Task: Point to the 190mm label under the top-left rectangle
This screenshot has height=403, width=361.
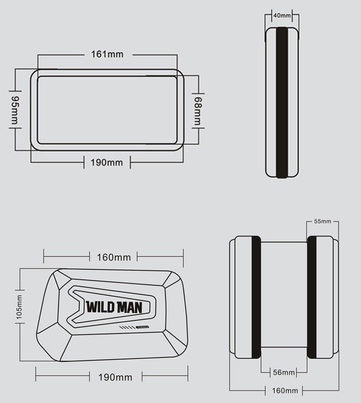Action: [x=107, y=162]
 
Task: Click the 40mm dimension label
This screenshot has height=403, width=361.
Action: [x=282, y=15]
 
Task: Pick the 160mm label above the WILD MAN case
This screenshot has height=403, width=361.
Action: [x=114, y=257]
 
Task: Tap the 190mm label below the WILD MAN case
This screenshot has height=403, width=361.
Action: [x=115, y=377]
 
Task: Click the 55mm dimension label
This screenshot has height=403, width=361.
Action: [x=322, y=221]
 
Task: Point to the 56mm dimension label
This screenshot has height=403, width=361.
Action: [x=284, y=373]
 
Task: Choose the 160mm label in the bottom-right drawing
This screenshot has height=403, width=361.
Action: [x=284, y=390]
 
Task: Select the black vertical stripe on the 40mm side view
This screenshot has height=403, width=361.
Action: [x=282, y=102]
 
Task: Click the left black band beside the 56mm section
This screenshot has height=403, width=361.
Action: [x=256, y=297]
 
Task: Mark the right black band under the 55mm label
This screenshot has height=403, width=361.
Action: [x=312, y=297]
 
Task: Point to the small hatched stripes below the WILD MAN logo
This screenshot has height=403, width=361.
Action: [x=128, y=328]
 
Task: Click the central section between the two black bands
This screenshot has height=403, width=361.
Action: [x=284, y=297]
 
